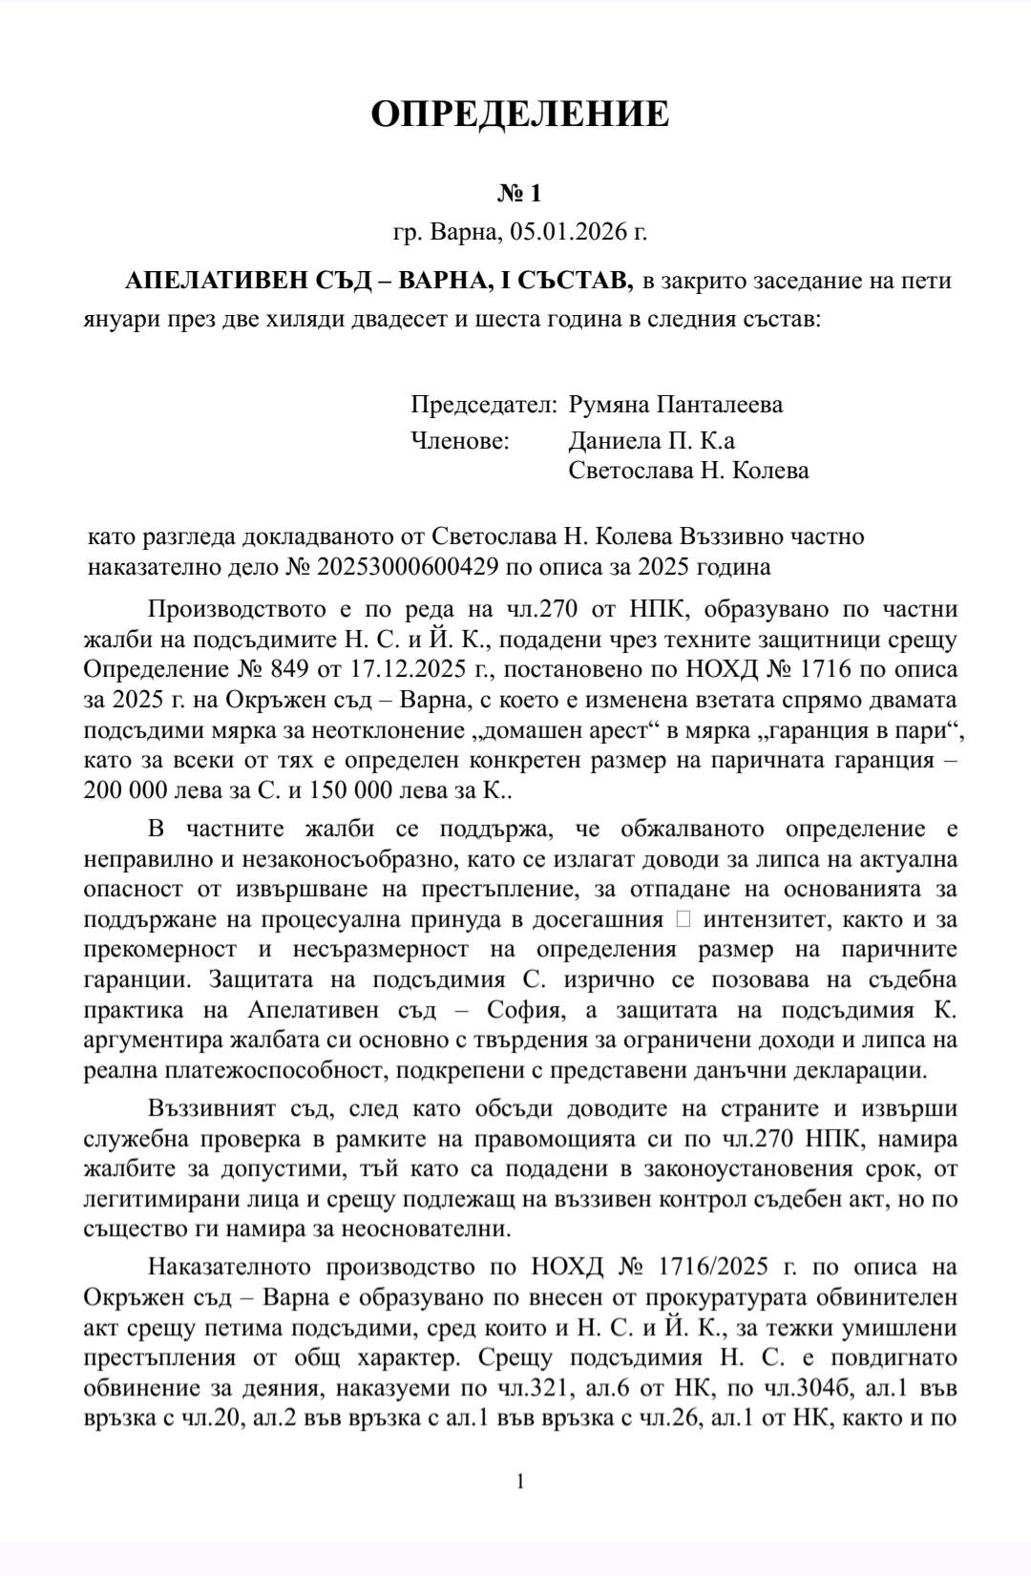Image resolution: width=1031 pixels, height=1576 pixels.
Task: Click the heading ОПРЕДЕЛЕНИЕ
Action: pyautogui.click(x=519, y=114)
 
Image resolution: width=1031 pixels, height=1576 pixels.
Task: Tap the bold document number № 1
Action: pyautogui.click(x=519, y=194)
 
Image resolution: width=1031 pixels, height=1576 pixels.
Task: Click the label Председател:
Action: pyautogui.click(x=483, y=405)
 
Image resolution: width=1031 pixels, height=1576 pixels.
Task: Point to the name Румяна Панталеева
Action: pyautogui.click(x=675, y=405)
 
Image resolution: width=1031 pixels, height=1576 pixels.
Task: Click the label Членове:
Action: pyautogui.click(x=460, y=441)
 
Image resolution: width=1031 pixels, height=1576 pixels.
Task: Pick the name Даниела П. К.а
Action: pyautogui.click(x=651, y=441)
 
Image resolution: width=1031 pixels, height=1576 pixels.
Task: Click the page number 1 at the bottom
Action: pyautogui.click(x=520, y=1481)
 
